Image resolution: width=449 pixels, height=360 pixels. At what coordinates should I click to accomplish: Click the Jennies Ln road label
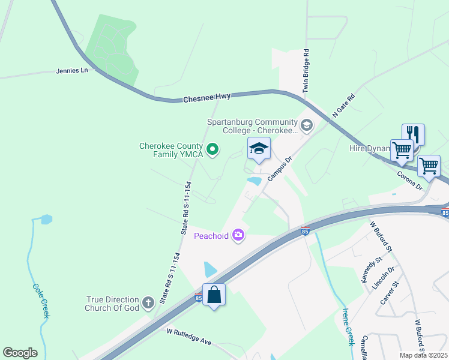coord(71,70)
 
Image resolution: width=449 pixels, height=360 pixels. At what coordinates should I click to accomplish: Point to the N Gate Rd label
coord(344,105)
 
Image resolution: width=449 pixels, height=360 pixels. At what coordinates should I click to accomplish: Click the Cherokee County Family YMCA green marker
coord(212,149)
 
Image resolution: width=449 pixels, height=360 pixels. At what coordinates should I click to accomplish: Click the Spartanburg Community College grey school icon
coord(307,125)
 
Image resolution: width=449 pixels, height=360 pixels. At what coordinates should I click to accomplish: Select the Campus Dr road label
coord(279,169)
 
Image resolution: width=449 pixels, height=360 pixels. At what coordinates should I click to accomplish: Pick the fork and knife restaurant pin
coord(413,134)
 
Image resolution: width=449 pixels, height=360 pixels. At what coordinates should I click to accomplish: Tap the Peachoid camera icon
coord(238,235)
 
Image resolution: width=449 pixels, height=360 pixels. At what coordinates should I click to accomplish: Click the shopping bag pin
coord(214,295)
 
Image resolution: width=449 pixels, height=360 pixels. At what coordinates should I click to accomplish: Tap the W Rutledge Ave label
coord(189,336)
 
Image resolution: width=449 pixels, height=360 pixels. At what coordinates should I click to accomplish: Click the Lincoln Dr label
coord(384,278)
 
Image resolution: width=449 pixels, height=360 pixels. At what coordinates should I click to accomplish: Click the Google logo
coord(20,353)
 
